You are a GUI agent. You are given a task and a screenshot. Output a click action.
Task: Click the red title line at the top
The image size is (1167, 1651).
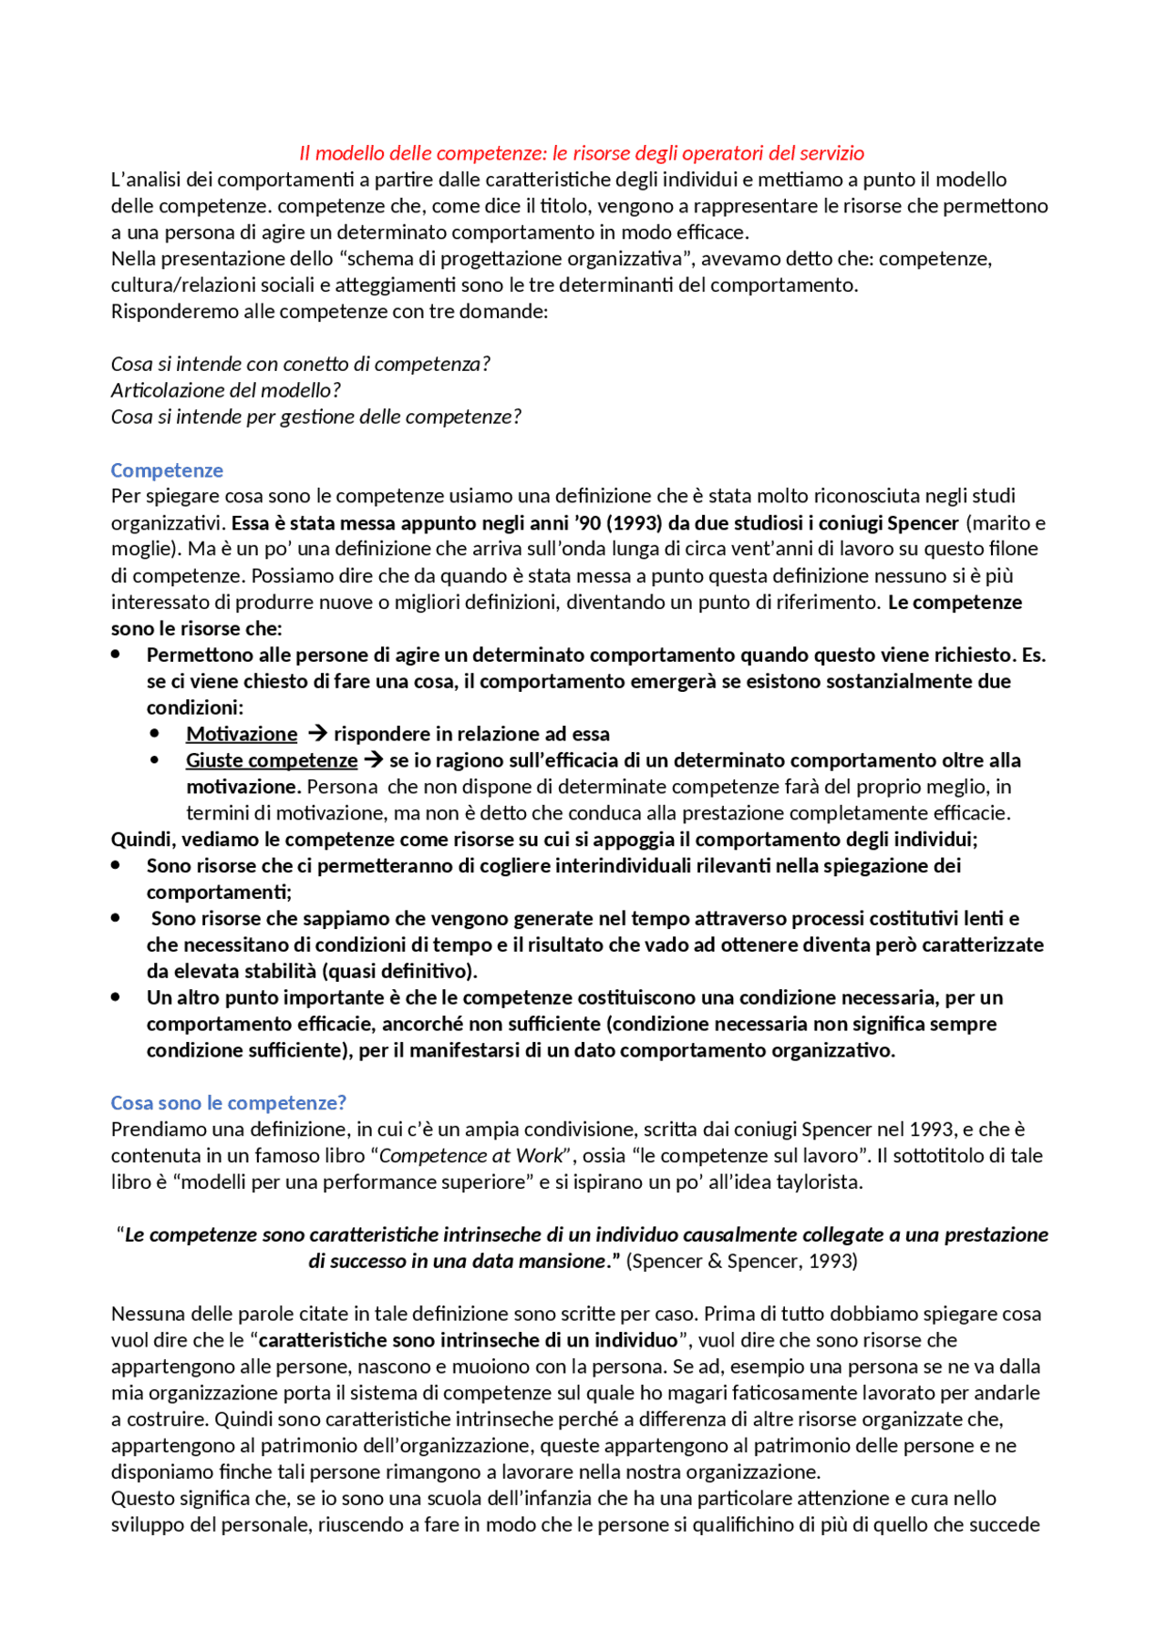(x=582, y=153)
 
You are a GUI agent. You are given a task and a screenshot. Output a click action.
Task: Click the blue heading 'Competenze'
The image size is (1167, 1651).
(x=167, y=470)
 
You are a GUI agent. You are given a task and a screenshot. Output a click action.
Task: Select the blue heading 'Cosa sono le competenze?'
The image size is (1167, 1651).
(x=228, y=1103)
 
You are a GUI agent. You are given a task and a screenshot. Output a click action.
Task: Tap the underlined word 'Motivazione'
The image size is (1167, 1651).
(x=242, y=734)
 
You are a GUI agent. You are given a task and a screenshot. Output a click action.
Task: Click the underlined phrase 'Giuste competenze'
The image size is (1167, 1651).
(x=272, y=760)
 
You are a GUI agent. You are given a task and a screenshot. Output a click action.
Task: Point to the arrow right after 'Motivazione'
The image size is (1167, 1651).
(x=316, y=734)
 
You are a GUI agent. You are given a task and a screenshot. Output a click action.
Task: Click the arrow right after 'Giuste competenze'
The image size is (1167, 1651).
(x=373, y=760)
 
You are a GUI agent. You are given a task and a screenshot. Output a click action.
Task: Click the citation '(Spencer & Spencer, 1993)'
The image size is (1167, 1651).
(x=741, y=1262)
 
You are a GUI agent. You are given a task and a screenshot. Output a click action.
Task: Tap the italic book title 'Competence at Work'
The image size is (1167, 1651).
(x=471, y=1156)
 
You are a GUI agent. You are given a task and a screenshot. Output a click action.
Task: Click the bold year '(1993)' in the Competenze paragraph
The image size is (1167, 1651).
(x=634, y=523)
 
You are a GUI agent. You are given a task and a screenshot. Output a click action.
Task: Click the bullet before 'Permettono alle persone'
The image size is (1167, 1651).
(x=116, y=655)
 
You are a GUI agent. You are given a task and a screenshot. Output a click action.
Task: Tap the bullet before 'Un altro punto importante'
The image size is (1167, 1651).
(x=116, y=997)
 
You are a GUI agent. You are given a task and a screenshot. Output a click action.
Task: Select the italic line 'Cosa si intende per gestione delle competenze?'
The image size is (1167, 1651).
(x=315, y=417)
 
